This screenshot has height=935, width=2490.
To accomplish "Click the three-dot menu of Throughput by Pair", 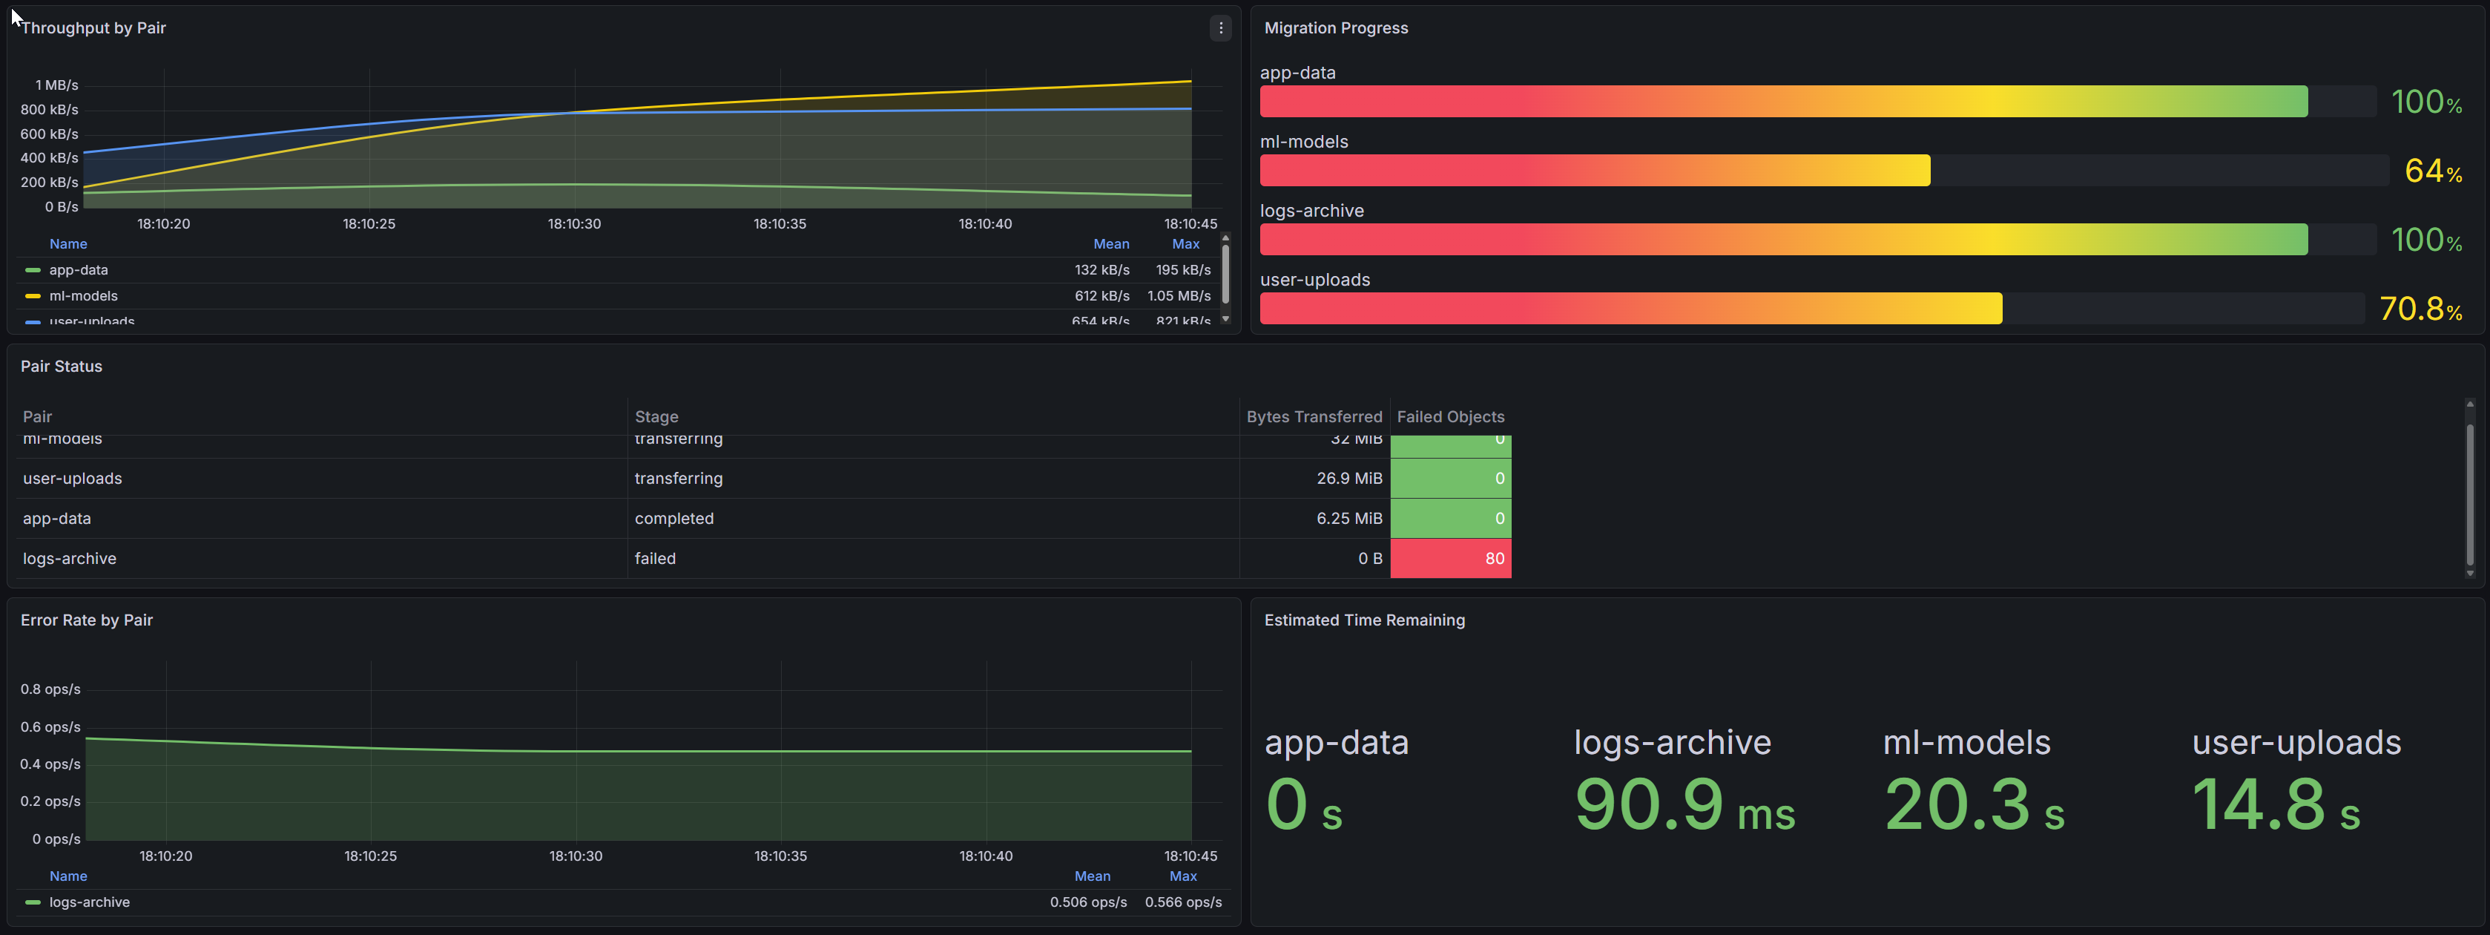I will pos(1221,28).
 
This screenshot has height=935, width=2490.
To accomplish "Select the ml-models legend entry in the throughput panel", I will pos(83,296).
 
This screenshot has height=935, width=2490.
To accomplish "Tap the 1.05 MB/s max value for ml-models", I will pos(1179,296).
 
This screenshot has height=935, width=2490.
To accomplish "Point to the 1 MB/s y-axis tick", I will pos(57,85).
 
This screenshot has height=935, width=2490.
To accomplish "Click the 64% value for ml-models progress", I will pos(2432,171).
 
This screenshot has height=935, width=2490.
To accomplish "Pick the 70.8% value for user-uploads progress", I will pos(2420,309).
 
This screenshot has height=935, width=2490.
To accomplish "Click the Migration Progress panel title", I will pos(1335,28).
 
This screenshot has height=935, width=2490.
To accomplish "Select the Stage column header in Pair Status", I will pos(656,417).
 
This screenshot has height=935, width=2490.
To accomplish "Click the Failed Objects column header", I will pos(1450,417).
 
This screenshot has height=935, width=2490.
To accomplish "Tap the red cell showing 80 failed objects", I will pos(1450,559).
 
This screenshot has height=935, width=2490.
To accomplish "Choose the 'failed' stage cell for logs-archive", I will pos(656,559).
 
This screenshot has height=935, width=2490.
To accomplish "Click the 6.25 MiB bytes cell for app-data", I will pos(1348,518).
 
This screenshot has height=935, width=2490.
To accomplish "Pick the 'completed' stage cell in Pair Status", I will pos(673,518).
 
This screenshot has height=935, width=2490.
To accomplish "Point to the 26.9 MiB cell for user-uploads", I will pos(1348,479).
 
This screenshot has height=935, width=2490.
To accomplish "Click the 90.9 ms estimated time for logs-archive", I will pos(1684,804).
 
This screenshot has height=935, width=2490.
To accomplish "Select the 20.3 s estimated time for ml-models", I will pos(1974,804).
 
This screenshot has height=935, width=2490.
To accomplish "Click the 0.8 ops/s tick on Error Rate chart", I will pos(50,689).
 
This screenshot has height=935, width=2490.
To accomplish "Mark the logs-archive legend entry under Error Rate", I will pos(89,902).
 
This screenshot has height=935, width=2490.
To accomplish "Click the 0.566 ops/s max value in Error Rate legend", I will pos(1183,902).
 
